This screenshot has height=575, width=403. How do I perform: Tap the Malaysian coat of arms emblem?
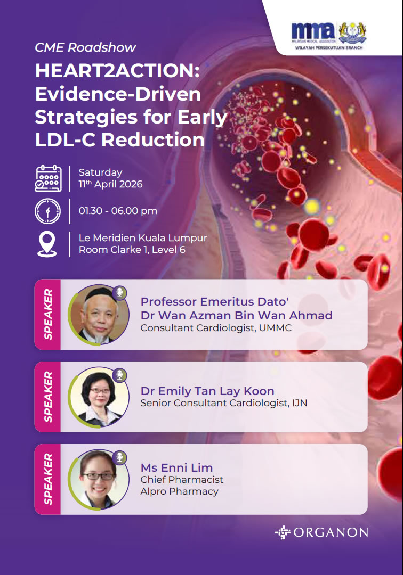click(352, 32)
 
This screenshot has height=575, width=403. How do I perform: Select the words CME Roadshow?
click(85, 47)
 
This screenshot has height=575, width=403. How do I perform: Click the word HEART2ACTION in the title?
click(117, 70)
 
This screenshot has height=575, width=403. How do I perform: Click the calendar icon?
click(48, 178)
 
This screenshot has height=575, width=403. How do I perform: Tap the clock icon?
click(48, 211)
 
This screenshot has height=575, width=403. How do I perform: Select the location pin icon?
click(47, 244)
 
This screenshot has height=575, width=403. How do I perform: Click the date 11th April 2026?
click(110, 184)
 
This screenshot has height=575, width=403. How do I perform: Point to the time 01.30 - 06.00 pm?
click(118, 211)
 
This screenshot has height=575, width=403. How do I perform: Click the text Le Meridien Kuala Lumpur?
click(143, 238)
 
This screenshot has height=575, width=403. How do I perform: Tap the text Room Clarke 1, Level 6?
click(132, 250)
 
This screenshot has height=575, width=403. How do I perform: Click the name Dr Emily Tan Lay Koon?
click(207, 391)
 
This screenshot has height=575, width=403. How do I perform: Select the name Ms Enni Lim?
click(176, 467)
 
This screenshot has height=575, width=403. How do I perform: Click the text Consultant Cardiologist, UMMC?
click(216, 328)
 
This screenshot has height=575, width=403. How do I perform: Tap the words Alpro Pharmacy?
click(180, 491)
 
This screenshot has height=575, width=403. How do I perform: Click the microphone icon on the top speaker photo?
click(119, 292)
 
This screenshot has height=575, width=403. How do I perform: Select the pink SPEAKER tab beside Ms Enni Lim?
click(48, 479)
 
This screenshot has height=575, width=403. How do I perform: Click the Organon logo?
click(321, 532)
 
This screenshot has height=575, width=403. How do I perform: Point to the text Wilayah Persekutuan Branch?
click(329, 48)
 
